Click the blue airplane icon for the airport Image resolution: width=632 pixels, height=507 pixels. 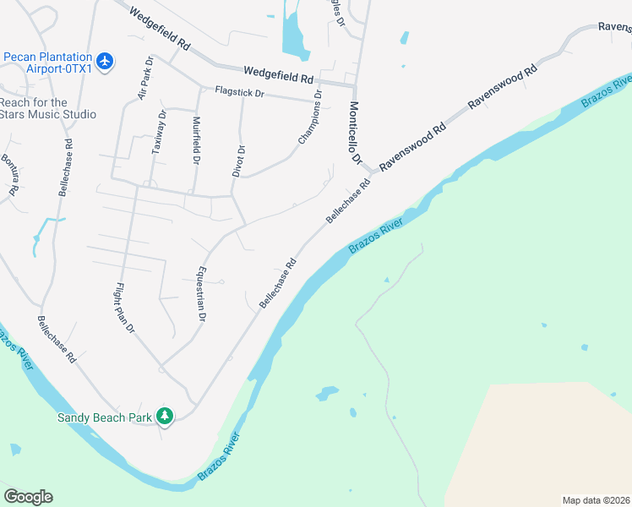pyautogui.click(x=105, y=62)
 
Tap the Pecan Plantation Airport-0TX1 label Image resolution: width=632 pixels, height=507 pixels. pyautogui.click(x=48, y=62)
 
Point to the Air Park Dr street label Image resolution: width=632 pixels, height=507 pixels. pyautogui.click(x=144, y=79)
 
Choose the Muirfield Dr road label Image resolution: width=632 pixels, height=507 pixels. pyautogui.click(x=196, y=139)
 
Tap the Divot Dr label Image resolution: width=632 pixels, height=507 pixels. pyautogui.click(x=239, y=161)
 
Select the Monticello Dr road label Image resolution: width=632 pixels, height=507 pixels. pyautogui.click(x=355, y=133)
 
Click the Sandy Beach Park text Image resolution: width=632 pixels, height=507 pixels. pyautogui.click(x=104, y=417)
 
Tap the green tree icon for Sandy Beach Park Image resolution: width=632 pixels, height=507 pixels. pyautogui.click(x=166, y=416)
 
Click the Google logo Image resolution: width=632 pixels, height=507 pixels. pyautogui.click(x=28, y=497)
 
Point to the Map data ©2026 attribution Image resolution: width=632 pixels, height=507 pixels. pyautogui.click(x=596, y=499)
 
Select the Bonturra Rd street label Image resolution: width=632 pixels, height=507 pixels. pyautogui.click(x=9, y=176)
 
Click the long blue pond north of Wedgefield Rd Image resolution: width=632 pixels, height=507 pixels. pyautogui.click(x=292, y=30)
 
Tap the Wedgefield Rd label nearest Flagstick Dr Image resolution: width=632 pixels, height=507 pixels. pyautogui.click(x=278, y=75)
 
